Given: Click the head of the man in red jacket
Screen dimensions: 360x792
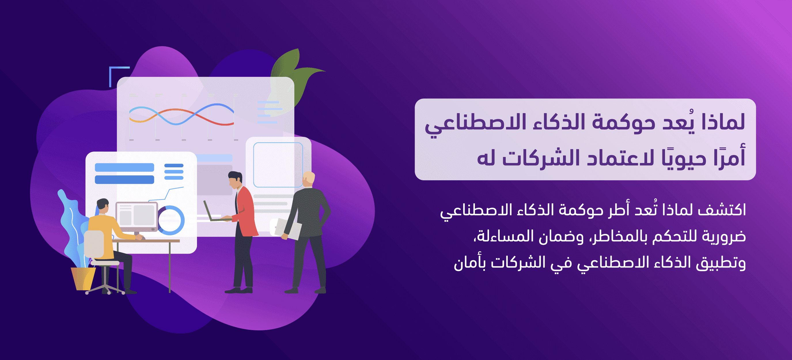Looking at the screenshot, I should tap(236, 180).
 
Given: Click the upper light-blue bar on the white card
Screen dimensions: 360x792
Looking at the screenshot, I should tap(124, 167).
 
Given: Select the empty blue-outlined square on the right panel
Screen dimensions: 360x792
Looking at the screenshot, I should tap(278, 165).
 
